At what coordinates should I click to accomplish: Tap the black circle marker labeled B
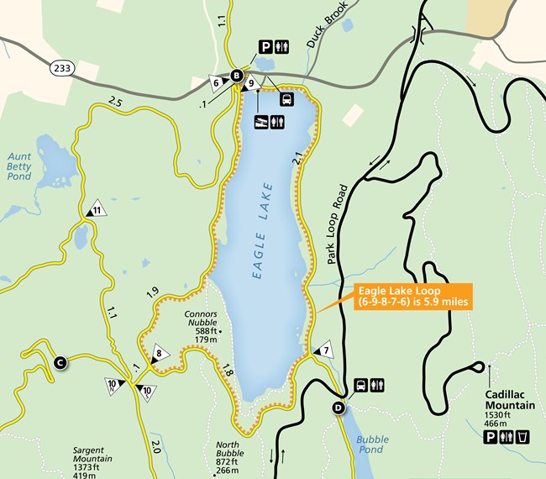coord(237,76)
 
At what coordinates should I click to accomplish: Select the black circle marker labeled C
coord(60,363)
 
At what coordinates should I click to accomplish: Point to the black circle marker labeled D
coord(338,408)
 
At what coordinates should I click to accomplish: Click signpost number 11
coord(97,210)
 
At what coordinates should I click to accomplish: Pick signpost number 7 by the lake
coord(323,350)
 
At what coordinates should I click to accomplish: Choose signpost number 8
coord(159,355)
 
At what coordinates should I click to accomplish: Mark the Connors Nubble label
coord(201,319)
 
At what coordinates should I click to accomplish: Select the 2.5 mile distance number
coord(115,103)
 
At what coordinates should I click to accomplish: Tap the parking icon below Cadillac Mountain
coord(490,437)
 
